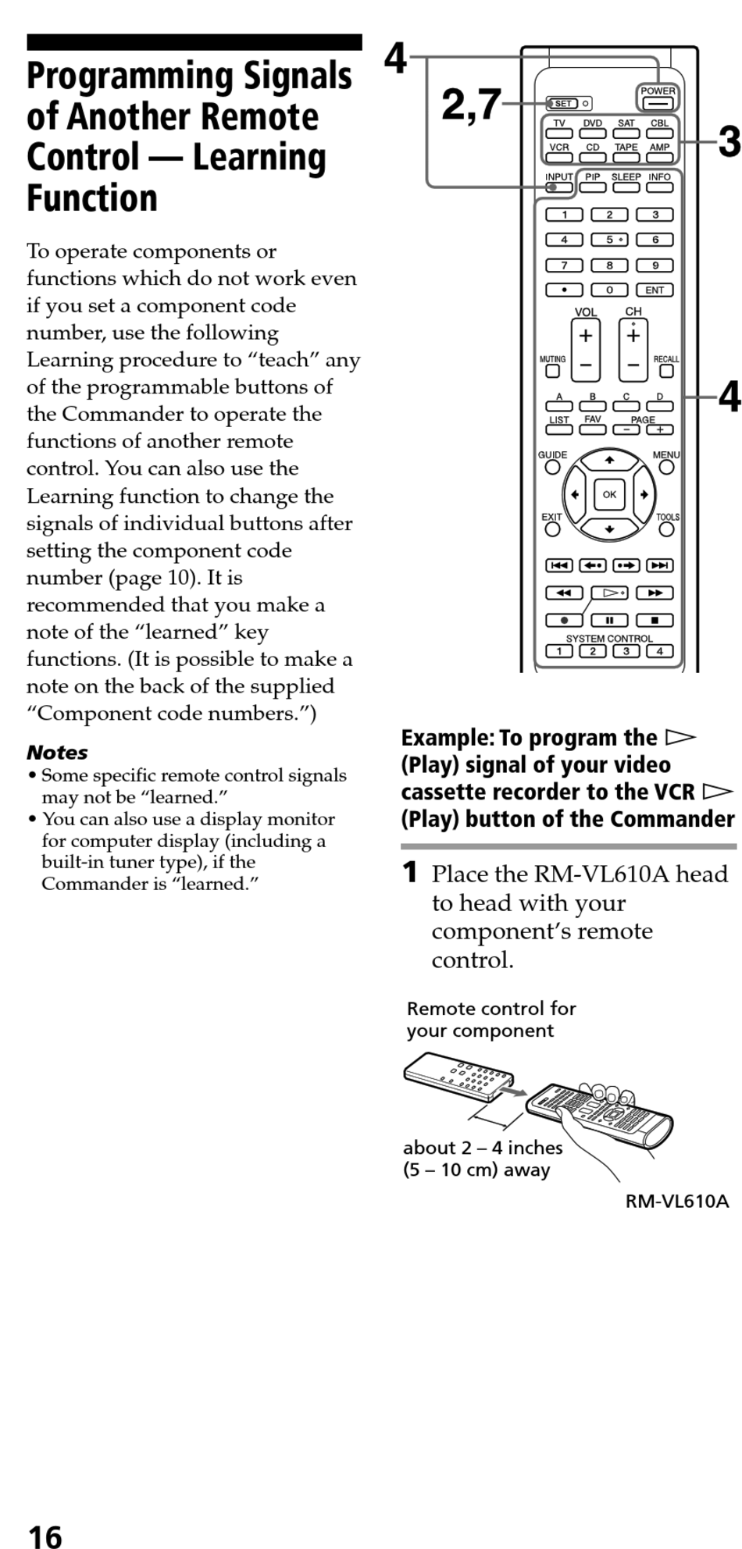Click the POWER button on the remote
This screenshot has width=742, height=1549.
658,103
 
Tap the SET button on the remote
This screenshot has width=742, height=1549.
562,103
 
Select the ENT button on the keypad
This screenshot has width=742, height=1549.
655,290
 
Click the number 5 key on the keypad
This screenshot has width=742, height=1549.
609,240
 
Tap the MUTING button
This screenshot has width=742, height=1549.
552,372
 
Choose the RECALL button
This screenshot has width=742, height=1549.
666,372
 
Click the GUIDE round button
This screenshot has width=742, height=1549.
552,467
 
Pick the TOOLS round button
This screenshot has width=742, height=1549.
666,529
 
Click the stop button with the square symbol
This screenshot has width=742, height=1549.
655,621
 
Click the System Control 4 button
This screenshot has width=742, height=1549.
660,652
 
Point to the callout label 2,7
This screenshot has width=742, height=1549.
471,104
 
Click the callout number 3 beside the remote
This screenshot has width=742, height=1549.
729,141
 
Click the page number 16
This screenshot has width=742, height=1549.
45,1535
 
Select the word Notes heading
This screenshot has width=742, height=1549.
57,752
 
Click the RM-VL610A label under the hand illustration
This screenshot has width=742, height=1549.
676,1201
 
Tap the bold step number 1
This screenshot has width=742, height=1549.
410,873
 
